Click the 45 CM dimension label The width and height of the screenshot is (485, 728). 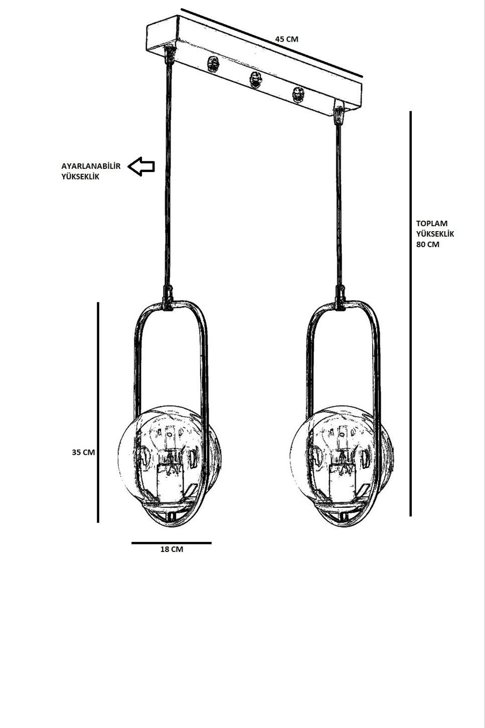click(x=286, y=39)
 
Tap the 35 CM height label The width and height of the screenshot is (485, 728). click(x=83, y=452)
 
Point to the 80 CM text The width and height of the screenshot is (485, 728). click(x=427, y=245)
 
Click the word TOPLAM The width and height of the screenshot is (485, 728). click(x=432, y=223)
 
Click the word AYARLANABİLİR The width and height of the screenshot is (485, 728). click(x=91, y=166)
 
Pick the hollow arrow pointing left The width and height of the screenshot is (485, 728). click(x=141, y=166)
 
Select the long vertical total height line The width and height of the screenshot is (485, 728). click(x=411, y=314)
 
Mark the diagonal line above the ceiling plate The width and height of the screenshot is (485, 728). click(x=272, y=43)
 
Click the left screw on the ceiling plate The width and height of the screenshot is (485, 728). click(x=213, y=64)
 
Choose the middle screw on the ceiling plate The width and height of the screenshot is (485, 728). click(x=255, y=80)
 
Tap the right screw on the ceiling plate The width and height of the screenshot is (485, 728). click(x=298, y=95)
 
